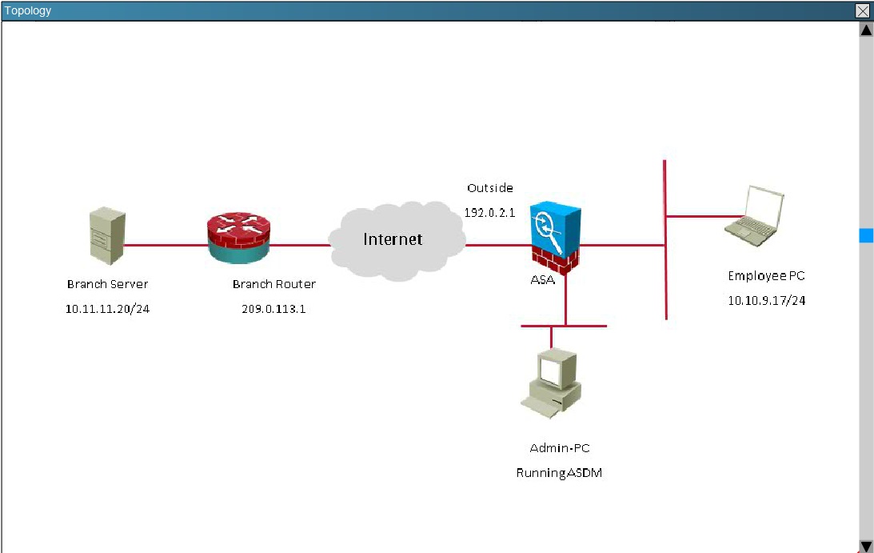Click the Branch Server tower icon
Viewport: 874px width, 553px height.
(x=107, y=236)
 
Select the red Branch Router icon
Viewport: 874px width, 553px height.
(x=239, y=237)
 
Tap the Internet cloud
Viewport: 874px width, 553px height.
(x=397, y=239)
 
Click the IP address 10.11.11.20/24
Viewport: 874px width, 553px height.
(x=107, y=308)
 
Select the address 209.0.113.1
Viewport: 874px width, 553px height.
(x=273, y=308)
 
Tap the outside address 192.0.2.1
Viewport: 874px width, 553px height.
(x=489, y=213)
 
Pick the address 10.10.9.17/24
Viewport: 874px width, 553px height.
(x=766, y=301)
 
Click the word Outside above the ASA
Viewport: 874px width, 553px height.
(x=490, y=188)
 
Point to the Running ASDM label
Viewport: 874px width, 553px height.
(x=559, y=473)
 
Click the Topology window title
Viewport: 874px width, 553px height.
(x=28, y=10)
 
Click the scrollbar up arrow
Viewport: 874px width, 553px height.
(x=866, y=30)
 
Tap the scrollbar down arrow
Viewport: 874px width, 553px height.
(x=866, y=546)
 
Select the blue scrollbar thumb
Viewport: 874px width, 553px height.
(x=866, y=235)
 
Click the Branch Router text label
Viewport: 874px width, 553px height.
(x=273, y=284)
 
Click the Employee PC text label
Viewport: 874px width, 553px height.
(x=766, y=276)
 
